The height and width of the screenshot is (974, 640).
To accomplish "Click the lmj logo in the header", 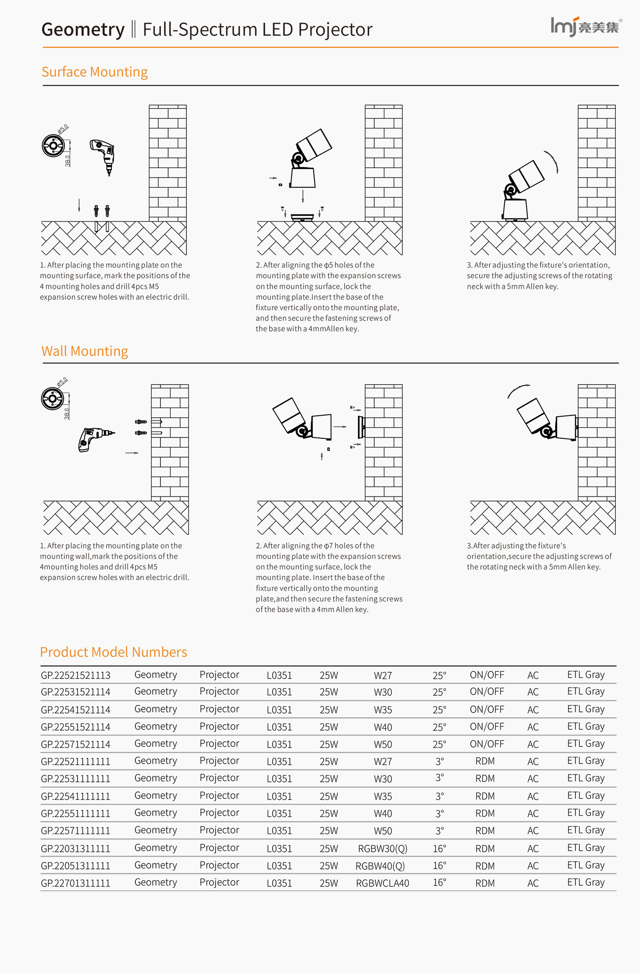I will tap(585, 27).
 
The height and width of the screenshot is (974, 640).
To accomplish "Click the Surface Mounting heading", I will tap(95, 72).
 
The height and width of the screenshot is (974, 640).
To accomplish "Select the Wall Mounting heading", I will tap(84, 351).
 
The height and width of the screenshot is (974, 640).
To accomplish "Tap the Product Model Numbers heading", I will tap(113, 652).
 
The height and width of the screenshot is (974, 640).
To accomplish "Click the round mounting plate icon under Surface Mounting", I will tap(53, 146).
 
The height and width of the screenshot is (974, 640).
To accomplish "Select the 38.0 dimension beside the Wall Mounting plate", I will tap(67, 414).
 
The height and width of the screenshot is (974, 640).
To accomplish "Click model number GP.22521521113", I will tap(76, 675).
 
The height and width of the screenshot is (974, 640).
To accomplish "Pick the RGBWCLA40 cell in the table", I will tap(382, 883).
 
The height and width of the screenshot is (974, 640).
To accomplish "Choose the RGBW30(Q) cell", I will tap(382, 849).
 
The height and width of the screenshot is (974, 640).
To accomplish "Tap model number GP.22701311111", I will tap(76, 883).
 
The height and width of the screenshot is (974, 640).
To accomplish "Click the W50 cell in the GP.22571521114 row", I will tap(383, 744).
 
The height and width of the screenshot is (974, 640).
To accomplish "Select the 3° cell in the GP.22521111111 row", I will tap(439, 761).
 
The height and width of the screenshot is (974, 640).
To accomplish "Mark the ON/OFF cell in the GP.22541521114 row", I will tap(487, 710).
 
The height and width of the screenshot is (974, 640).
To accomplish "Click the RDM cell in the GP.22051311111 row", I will tap(485, 866).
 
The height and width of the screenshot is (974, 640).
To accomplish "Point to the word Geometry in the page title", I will tap(83, 29).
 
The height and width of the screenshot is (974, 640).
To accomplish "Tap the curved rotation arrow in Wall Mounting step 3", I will tap(518, 390).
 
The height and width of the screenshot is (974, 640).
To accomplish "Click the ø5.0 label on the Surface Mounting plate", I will tap(63, 129).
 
